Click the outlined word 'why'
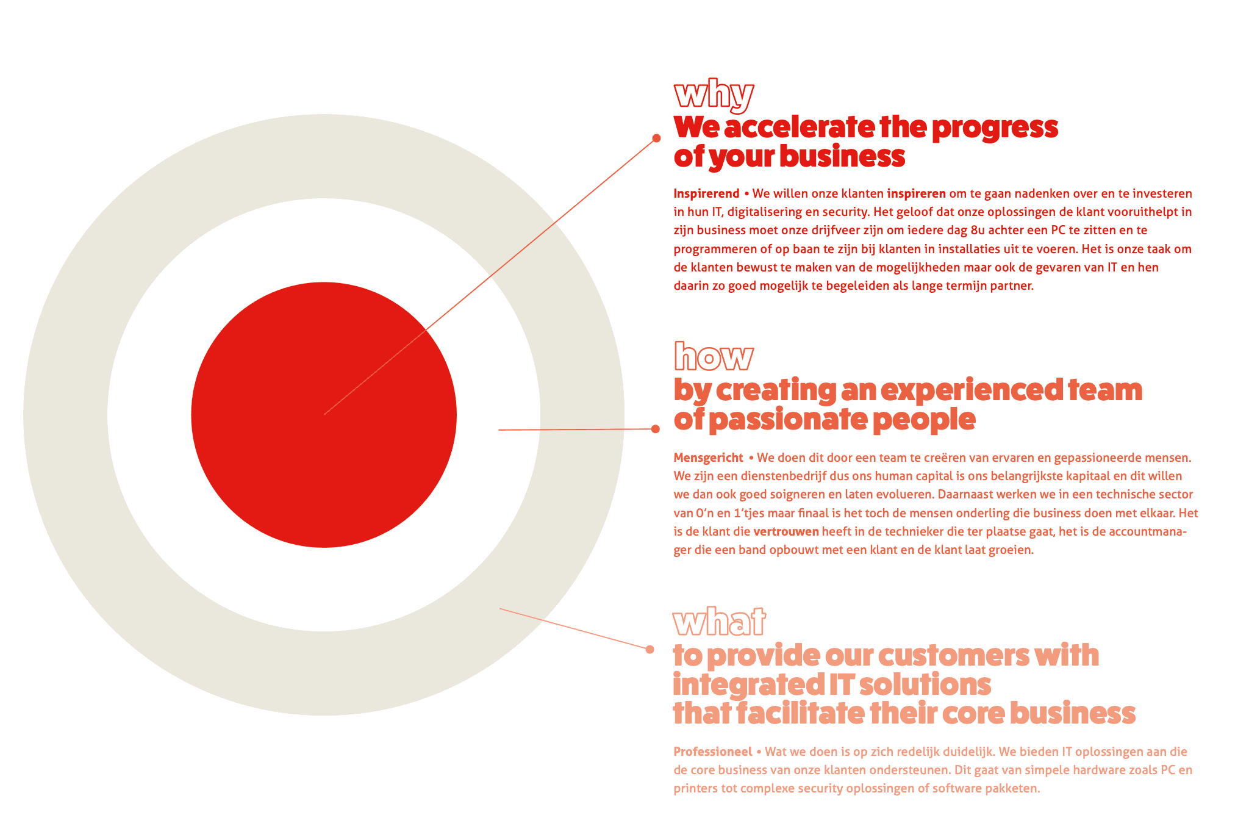click(x=714, y=96)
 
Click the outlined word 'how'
click(x=714, y=356)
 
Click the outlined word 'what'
click(x=719, y=622)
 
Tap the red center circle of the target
click(x=324, y=415)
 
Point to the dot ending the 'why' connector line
click(x=656, y=138)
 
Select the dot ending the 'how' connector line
click(x=656, y=429)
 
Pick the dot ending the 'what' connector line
click(x=650, y=649)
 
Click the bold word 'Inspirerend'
click(x=706, y=194)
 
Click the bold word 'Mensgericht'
click(x=708, y=458)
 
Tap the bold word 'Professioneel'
click(x=713, y=752)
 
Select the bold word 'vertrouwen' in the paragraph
click(x=786, y=531)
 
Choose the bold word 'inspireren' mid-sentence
click(x=917, y=194)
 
